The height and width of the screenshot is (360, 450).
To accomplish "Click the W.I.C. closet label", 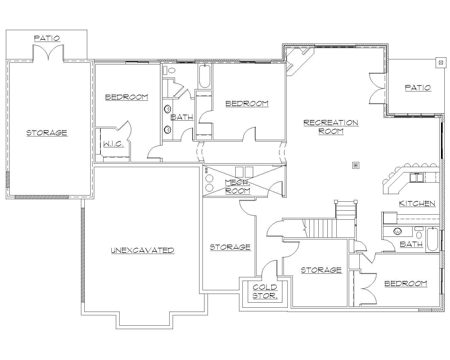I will pos(113,144).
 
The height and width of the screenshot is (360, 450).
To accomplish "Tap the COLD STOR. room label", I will pos(265,291).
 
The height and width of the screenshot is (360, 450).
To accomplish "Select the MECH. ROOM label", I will pos(238,186).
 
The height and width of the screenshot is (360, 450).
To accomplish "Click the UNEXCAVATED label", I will pos(143,250).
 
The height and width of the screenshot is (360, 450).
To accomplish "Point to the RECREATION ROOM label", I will pos(331,127).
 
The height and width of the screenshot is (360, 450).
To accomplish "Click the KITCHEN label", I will pos(417,203).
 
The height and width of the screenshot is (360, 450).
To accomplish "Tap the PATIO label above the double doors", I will pos(47,38).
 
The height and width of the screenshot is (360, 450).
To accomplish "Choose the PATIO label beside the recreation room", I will pos(418,88).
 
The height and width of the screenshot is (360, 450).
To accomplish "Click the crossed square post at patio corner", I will pos(440,63).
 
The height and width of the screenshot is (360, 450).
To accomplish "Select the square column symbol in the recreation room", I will pos(356,165).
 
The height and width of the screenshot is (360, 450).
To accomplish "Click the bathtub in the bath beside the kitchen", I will pos(432,240).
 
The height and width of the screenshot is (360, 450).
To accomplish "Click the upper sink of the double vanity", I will pos(168,109).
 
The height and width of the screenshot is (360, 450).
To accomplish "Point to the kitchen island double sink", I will pos(417,178).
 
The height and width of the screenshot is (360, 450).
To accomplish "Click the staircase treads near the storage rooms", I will pos(322,228).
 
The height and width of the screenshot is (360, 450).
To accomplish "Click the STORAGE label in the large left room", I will pos(47,132).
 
